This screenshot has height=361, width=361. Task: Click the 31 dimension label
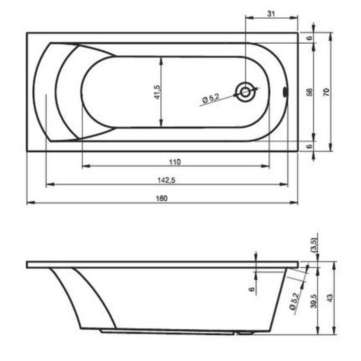pyautogui.click(x=271, y=14)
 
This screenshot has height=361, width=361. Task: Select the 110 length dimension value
pyautogui.click(x=175, y=162)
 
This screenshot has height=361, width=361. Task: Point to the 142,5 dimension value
pyautogui.click(x=166, y=180)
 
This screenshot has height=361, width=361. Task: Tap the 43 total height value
pyautogui.click(x=330, y=298)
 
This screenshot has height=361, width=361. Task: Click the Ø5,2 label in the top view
pyautogui.click(x=211, y=98)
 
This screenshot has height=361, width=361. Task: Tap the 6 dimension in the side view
pyautogui.click(x=252, y=289)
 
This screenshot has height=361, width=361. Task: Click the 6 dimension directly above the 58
pyautogui.click(x=309, y=38)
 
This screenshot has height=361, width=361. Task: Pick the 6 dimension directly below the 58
pyautogui.click(x=309, y=146)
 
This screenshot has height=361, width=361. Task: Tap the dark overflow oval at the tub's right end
pyautogui.click(x=285, y=92)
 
